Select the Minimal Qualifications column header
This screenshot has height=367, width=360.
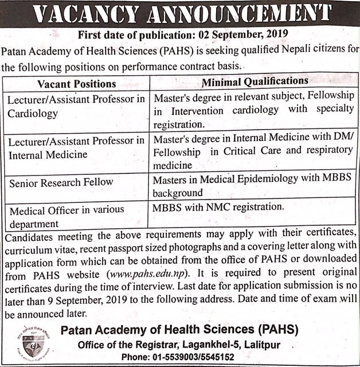point(255,81)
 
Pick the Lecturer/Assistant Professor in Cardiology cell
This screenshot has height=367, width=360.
point(76,106)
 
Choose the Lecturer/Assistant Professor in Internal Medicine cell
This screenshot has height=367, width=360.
point(76,147)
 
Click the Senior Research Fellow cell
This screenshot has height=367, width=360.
point(61,183)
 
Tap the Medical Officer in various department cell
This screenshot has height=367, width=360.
point(67,216)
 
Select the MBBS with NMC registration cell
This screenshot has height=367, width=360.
point(218,205)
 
